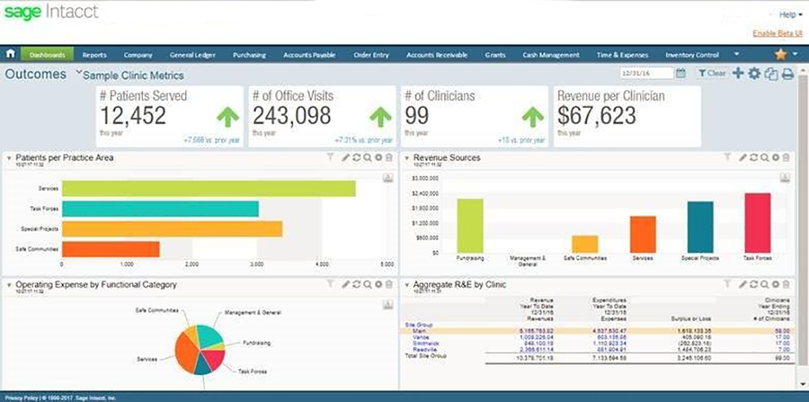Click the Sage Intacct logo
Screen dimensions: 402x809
51,13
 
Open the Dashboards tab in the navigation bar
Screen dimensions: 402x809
47,55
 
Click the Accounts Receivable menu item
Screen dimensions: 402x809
436,55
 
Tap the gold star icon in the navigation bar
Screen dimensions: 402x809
781,55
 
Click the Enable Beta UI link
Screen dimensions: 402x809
778,33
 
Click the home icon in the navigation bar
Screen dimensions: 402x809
10,55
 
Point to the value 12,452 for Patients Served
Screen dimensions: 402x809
133,116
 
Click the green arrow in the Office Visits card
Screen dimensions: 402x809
380,117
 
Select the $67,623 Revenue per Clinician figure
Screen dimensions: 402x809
596,116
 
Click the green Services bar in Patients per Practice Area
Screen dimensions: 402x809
208,189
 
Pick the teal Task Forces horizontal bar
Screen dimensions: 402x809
160,209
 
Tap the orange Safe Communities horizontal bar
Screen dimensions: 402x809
111,249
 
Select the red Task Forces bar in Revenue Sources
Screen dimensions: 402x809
757,223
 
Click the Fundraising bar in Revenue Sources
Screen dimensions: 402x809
470,226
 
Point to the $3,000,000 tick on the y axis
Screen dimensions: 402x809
425,179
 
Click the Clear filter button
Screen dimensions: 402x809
712,73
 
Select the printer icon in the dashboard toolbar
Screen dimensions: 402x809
787,73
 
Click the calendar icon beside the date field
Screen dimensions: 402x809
680,73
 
